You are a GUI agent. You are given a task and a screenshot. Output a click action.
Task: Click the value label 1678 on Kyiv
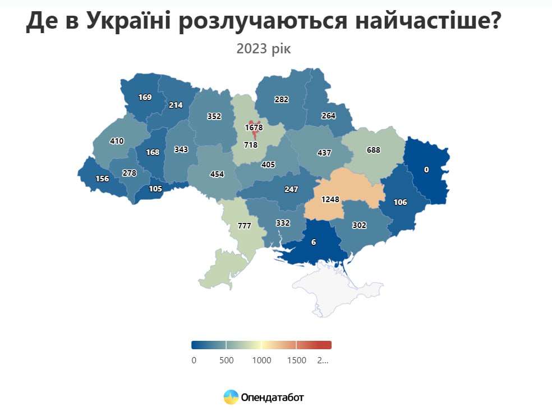point(254,127)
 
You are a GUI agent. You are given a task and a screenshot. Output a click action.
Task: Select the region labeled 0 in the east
point(426,170)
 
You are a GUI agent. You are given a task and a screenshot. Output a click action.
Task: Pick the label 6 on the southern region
point(314,242)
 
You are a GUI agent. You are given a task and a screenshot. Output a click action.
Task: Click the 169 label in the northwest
point(145,97)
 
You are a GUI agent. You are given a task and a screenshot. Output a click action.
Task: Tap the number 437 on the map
point(324,153)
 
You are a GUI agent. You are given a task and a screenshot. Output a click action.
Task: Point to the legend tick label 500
point(227,360)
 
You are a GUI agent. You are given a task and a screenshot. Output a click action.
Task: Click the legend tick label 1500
point(296,360)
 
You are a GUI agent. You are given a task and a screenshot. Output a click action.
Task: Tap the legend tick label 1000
point(261,360)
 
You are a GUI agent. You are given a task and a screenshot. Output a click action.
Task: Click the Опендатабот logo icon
point(231,398)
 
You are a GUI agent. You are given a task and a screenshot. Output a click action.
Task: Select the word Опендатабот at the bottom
point(272,398)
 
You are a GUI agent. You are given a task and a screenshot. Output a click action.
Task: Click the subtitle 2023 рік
point(264,48)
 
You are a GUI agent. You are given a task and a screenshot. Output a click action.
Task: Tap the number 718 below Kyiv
point(250,145)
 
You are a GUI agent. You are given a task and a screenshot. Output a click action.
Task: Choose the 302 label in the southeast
point(359,225)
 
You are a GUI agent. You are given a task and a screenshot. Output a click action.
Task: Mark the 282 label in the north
point(281,99)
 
